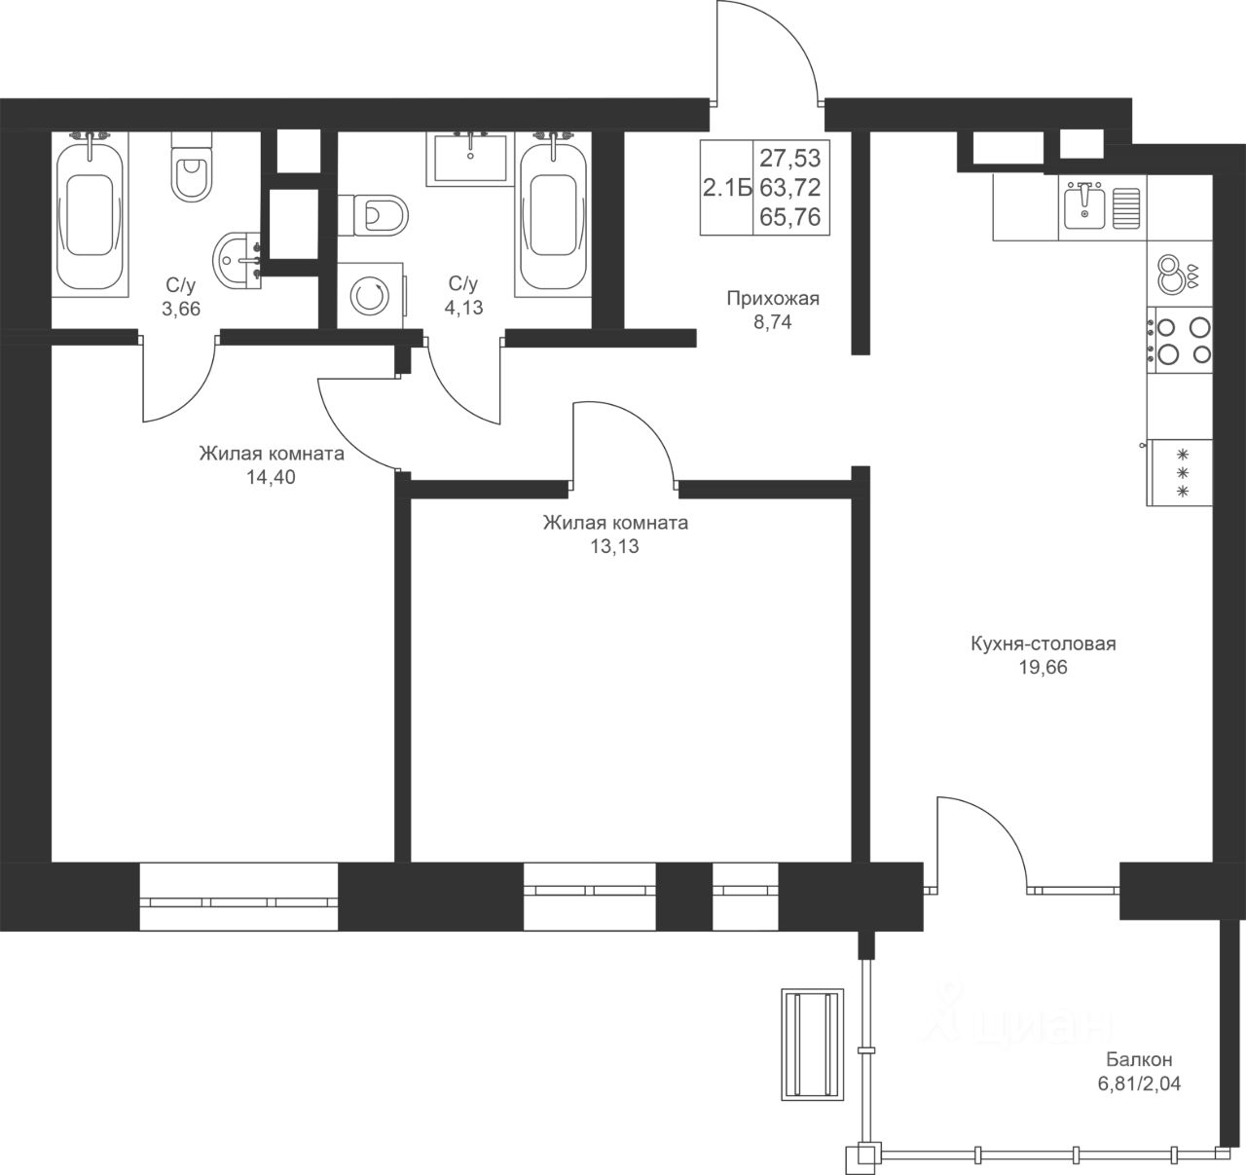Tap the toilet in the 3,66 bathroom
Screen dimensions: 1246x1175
[x=192, y=166]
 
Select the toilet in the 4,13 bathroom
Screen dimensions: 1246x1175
[x=373, y=215]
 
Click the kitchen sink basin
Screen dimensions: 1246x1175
[x=1084, y=207]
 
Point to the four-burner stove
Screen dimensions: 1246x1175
[x=1180, y=341]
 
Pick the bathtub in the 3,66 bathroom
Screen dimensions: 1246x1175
[x=90, y=214]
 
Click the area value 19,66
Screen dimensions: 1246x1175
[x=1044, y=667]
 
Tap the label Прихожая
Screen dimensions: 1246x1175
[x=773, y=299]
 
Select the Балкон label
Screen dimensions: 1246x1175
[x=1139, y=1060]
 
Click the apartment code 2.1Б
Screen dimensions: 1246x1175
[x=727, y=188]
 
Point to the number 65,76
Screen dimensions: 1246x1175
[x=789, y=216]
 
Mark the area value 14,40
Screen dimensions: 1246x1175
[x=271, y=478]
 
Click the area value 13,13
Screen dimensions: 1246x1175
[x=615, y=547]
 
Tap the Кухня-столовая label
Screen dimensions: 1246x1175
[x=1044, y=643]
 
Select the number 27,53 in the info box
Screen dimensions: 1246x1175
[x=789, y=158]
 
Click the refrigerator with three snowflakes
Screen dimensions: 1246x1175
[x=1180, y=473]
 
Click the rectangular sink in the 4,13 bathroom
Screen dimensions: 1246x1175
[x=470, y=159]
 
